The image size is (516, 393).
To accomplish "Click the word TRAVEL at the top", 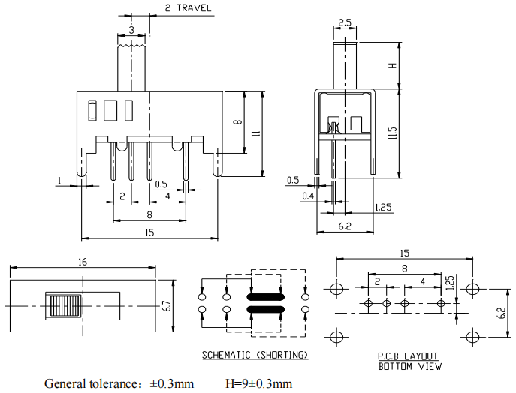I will [x=195, y=9].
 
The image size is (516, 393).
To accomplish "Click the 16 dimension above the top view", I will [x=83, y=262].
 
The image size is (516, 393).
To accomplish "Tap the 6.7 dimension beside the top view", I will [x=167, y=306].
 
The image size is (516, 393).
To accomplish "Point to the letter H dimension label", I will [x=391, y=65].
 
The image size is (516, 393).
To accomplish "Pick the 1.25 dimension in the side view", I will [x=382, y=207].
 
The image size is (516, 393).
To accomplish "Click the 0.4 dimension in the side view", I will [x=308, y=196].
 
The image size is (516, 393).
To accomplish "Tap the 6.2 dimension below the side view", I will [x=345, y=226].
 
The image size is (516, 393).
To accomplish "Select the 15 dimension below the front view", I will [x=149, y=233].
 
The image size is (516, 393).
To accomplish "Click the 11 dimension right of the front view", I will [x=255, y=133].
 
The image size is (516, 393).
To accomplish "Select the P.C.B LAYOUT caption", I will [x=408, y=356].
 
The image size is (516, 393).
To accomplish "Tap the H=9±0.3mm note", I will [x=258, y=383].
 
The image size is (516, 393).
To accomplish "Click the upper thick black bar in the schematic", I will [x=264, y=296].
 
